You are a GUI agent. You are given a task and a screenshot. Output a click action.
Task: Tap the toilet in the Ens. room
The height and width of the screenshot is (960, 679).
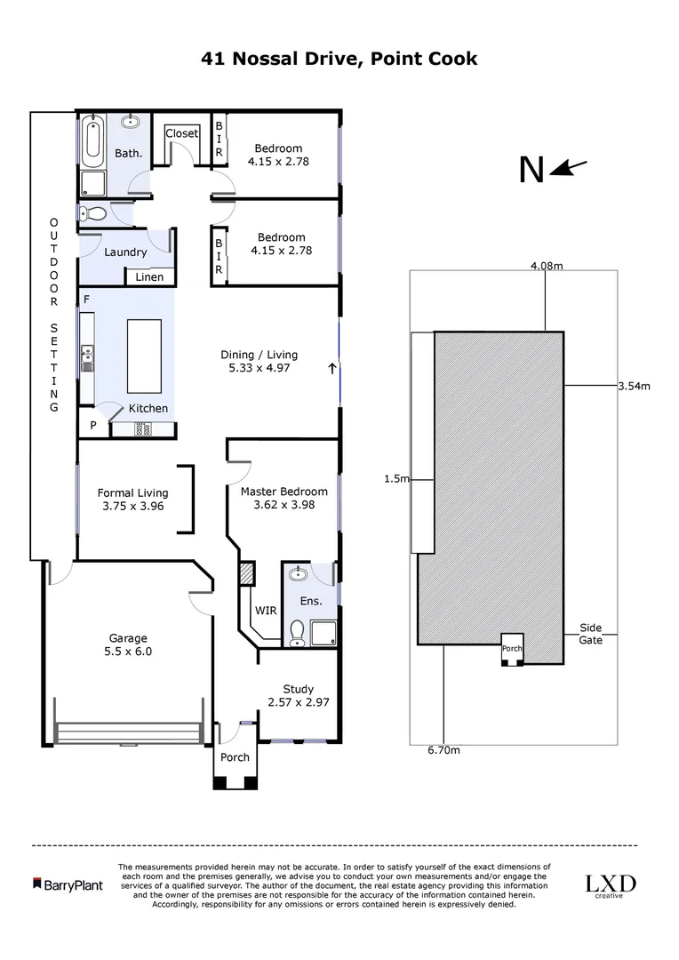coord(298,632)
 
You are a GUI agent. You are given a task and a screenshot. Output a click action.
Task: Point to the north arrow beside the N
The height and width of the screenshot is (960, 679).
coord(569,167)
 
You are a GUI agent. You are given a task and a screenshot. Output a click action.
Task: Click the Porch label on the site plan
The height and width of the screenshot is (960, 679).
coord(513,648)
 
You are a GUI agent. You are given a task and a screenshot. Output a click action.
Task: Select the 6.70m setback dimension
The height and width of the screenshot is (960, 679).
coord(443,750)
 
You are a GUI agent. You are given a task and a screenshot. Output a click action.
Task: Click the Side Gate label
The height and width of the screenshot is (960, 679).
coord(591,633)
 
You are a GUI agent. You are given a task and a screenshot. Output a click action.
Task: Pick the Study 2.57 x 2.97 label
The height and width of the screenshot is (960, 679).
coord(299,695)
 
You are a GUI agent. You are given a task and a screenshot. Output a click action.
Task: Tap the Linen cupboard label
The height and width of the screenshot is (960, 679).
coord(149,277)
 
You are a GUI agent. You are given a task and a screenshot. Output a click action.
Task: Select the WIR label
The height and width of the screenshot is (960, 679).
coord(266,612)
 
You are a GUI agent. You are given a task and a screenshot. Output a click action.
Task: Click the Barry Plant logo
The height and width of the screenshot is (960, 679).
coord(68,884)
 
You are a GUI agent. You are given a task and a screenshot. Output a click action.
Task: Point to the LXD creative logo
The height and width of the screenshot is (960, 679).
coord(610,885)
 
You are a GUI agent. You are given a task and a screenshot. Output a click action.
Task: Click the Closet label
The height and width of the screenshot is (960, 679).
coord(182,133)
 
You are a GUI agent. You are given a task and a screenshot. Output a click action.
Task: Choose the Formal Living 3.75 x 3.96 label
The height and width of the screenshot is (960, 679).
coord(132,500)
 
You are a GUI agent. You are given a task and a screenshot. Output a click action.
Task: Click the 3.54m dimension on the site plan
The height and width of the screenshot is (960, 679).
coord(635,386)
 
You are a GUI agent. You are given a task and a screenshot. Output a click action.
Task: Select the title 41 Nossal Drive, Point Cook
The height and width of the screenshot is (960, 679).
coord(339,60)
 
